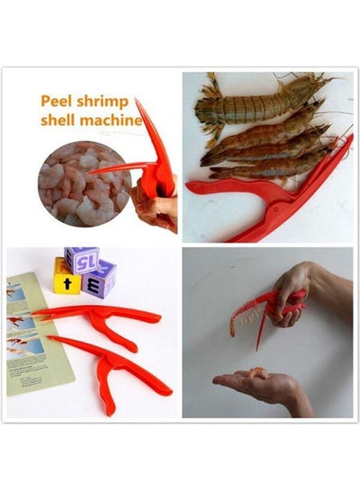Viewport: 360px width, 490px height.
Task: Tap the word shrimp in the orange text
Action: pyautogui.click(x=103, y=102)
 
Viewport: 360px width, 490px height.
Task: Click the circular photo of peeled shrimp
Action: pyautogui.click(x=84, y=183)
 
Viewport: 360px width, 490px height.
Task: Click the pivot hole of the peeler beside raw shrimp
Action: pyautogui.click(x=276, y=208)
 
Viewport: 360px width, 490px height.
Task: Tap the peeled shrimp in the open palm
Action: pyautogui.click(x=258, y=373)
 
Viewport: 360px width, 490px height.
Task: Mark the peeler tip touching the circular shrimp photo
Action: pyautogui.click(x=91, y=173)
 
